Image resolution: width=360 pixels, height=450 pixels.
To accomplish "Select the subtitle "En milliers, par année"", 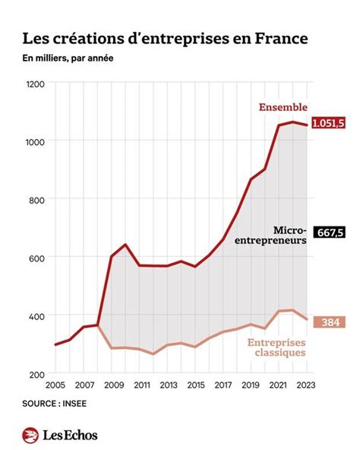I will (x=68, y=59).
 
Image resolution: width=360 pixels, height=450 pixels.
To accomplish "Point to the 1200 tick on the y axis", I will (x=36, y=84).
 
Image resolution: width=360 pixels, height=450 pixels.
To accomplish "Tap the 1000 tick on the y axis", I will (x=36, y=141).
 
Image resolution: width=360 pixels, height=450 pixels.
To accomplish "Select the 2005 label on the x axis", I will (x=55, y=385).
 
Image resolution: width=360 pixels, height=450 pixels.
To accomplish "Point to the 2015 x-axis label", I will (x=195, y=385).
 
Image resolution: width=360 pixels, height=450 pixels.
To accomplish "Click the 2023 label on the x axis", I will (x=307, y=385).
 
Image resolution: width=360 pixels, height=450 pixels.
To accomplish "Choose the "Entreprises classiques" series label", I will (x=276, y=347).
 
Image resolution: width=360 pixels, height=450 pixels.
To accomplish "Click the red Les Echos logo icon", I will (x=31, y=435).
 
